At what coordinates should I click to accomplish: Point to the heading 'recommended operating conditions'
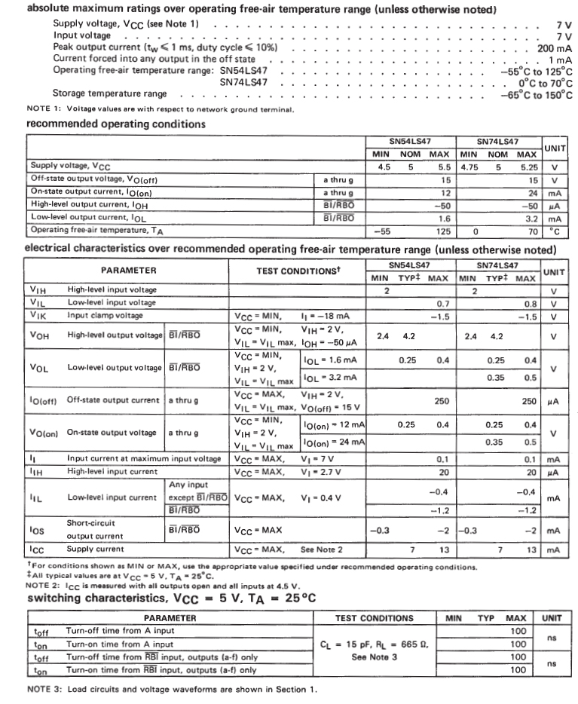click(116, 123)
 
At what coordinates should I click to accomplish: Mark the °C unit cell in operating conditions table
click(555, 230)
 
